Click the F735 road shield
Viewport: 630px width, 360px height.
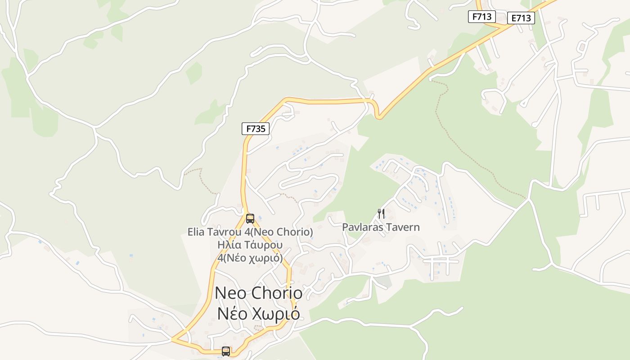[256, 129]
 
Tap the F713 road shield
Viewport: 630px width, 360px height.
[481, 17]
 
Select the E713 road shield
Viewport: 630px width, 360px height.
[521, 18]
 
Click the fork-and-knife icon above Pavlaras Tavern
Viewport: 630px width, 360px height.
[381, 213]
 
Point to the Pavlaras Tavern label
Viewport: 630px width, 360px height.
[381, 227]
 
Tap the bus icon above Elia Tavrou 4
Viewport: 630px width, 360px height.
[250, 219]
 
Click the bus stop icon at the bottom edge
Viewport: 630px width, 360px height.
[226, 351]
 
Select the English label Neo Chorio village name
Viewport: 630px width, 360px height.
[259, 293]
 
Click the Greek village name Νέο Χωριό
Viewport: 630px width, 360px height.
[259, 314]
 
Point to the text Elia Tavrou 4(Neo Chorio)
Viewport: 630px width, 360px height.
[250, 232]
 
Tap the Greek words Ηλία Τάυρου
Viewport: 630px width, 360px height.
[250, 245]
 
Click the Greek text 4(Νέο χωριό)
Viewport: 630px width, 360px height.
[250, 258]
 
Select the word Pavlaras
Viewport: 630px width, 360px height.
[361, 227]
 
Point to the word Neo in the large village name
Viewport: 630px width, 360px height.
[231, 293]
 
